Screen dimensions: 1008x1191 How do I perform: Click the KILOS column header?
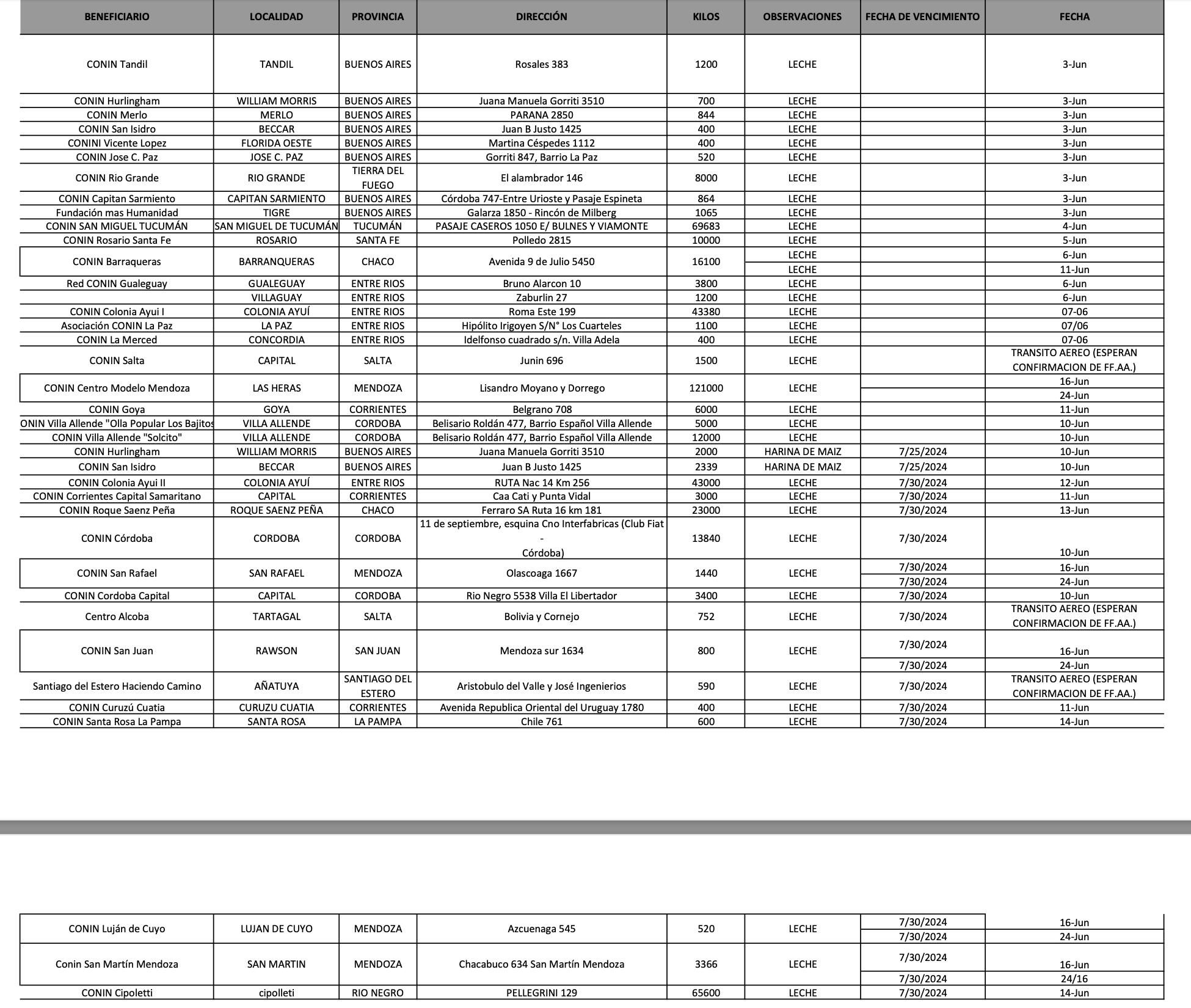(705, 16)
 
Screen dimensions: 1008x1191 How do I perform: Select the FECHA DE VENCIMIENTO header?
(922, 16)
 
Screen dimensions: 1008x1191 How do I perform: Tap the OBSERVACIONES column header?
(802, 16)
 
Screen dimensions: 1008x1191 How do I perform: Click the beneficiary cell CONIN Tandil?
(117, 64)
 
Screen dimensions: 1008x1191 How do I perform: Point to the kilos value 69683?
(705, 226)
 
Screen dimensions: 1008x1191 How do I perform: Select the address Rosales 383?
(541, 64)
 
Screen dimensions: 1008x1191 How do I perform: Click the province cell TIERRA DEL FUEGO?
(377, 178)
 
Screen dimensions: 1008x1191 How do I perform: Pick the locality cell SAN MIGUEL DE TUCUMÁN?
(276, 226)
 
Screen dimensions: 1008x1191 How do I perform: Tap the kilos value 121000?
(705, 388)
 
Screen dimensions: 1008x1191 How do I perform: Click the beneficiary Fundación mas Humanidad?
(117, 213)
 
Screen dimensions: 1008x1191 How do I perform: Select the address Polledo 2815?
(541, 240)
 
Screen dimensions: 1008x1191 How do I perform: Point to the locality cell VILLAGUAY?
(276, 298)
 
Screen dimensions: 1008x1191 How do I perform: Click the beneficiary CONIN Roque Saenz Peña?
(117, 510)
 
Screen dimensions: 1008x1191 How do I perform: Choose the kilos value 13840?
(705, 538)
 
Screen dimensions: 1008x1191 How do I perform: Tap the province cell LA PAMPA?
(377, 721)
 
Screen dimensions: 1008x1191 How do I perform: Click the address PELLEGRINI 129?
(541, 993)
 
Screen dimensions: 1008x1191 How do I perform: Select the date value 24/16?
(1074, 979)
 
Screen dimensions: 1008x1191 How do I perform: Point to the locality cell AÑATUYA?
(276, 686)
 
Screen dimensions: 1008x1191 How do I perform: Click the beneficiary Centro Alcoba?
(117, 616)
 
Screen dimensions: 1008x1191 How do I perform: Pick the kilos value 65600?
(705, 993)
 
